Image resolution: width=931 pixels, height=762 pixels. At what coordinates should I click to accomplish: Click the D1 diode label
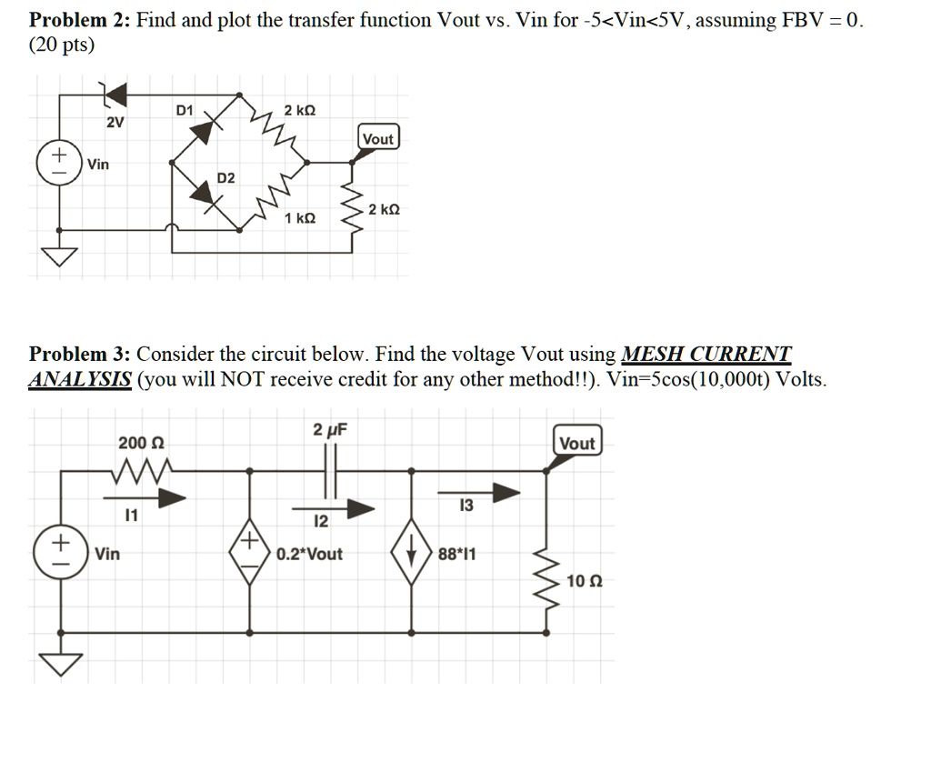(x=185, y=111)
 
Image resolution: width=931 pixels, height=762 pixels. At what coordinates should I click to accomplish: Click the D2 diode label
(x=225, y=177)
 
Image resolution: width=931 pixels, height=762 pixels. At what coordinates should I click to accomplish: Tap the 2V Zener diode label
(x=115, y=123)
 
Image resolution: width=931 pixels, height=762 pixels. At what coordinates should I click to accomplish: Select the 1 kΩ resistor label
(x=300, y=219)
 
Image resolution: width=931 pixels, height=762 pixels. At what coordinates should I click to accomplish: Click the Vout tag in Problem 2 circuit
(x=377, y=139)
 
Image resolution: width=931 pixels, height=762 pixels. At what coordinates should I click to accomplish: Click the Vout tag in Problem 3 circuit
(x=577, y=443)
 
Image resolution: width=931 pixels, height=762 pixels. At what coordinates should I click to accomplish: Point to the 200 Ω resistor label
(x=141, y=443)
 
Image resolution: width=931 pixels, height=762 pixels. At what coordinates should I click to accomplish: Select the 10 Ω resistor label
(x=584, y=580)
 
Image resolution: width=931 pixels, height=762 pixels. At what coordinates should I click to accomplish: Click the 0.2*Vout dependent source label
(x=310, y=554)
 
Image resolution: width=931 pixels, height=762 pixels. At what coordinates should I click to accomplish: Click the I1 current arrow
(x=145, y=497)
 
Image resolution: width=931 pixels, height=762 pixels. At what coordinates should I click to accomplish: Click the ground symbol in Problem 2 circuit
(x=61, y=257)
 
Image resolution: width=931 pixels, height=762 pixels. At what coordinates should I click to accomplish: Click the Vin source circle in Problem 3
(x=57, y=552)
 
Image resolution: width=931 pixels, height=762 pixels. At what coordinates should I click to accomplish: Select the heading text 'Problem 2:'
(x=80, y=20)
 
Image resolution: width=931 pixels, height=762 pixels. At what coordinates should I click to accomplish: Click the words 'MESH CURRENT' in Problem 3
(x=706, y=354)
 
